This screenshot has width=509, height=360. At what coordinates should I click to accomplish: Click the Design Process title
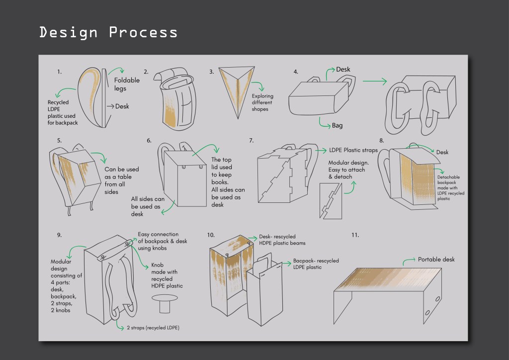108,32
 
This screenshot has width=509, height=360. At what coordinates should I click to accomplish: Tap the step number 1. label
59,72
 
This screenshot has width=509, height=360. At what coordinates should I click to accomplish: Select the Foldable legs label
127,84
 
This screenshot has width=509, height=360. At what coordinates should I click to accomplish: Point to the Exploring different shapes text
262,102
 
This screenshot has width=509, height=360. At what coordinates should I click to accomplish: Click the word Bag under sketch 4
337,126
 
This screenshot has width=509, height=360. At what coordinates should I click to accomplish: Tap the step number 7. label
251,141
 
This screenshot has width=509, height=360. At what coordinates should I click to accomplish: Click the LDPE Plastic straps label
353,150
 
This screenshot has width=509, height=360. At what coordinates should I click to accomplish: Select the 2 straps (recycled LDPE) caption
153,328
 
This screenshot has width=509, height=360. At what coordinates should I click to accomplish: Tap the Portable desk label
436,259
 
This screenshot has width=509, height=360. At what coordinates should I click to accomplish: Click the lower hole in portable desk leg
427,314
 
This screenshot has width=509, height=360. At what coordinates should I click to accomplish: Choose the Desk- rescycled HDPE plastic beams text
282,240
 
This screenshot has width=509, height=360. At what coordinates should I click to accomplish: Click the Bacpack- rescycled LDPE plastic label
316,264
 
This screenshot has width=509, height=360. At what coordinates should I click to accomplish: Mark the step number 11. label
354,235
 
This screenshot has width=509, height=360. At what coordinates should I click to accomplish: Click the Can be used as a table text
121,180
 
